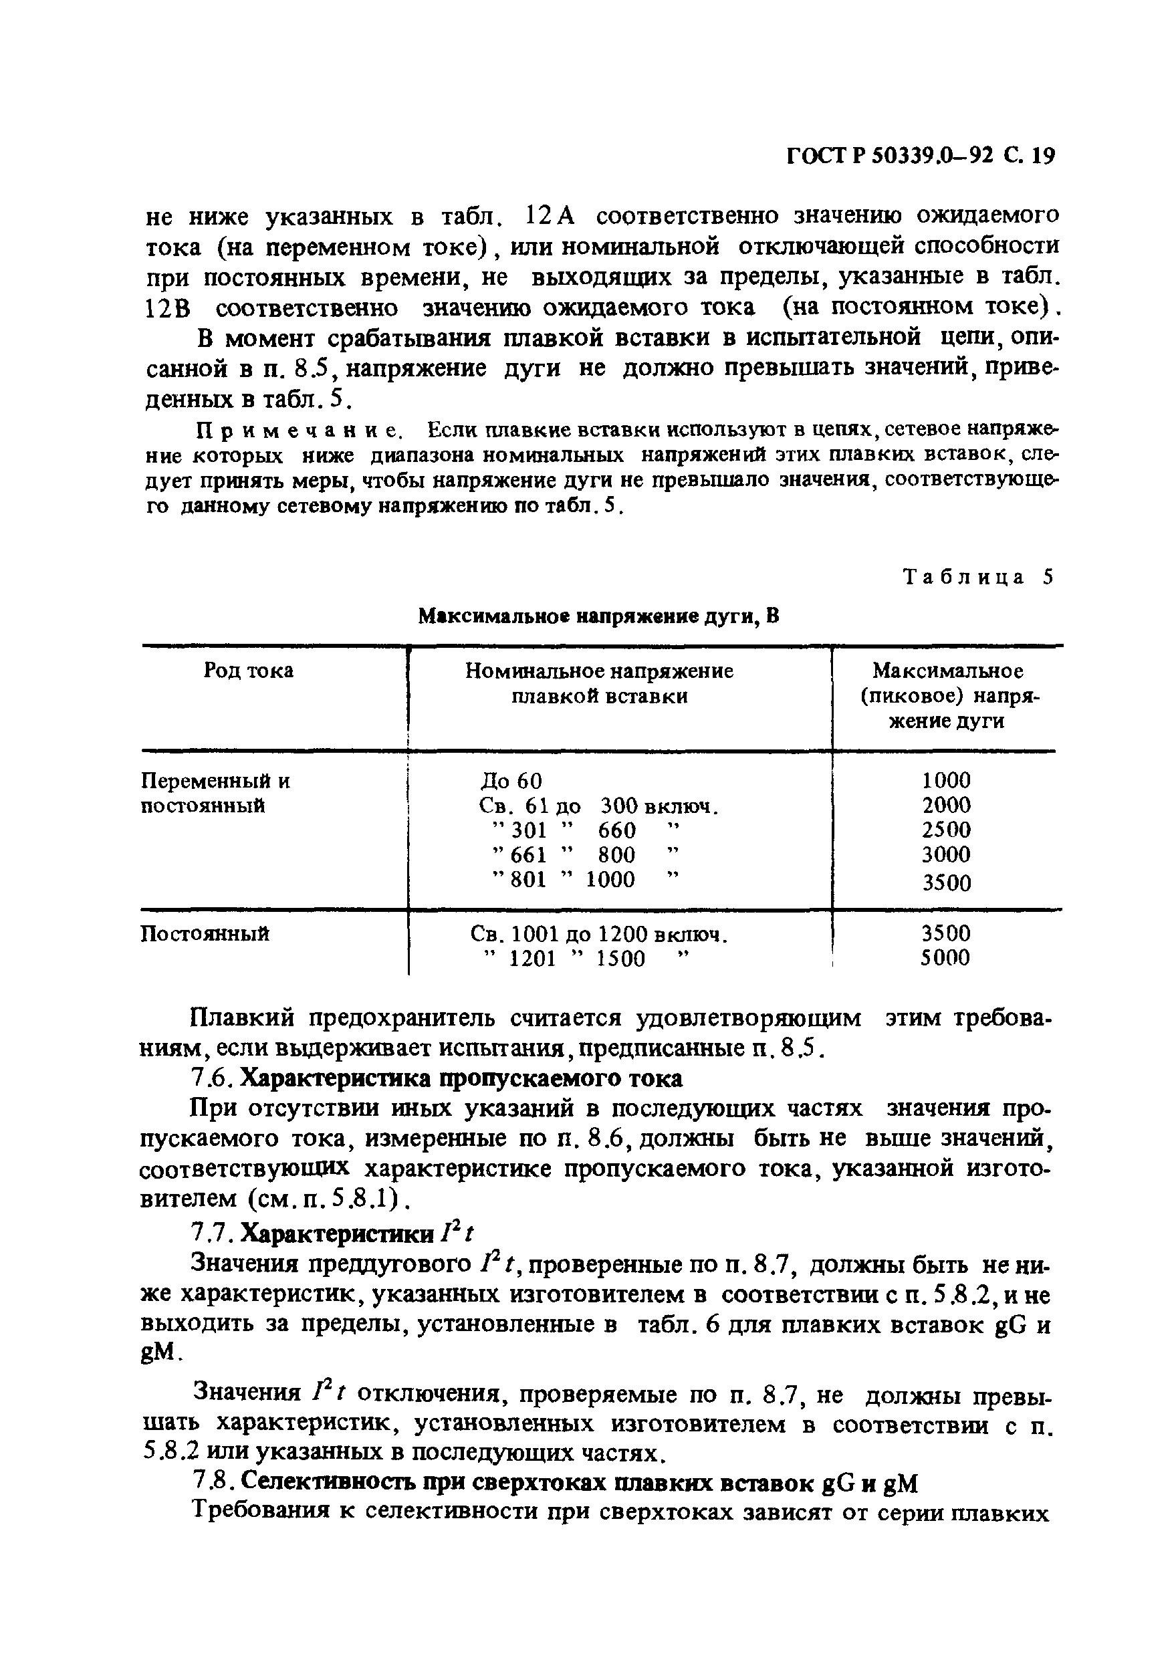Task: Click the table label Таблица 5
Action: [977, 578]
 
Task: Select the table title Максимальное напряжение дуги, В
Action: [599, 617]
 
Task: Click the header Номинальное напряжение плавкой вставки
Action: [598, 684]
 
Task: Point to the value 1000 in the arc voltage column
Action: [946, 780]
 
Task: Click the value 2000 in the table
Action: [946, 805]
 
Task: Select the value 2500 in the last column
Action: [946, 830]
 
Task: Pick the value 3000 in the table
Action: [946, 855]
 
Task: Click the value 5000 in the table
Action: [945, 959]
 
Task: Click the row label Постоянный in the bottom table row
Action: [204, 935]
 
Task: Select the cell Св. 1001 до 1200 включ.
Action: [598, 935]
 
